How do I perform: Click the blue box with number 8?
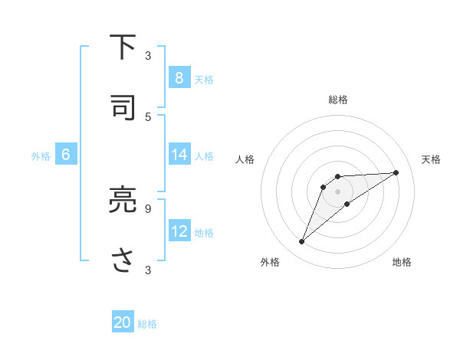click(x=179, y=77)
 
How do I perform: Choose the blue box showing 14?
click(x=179, y=155)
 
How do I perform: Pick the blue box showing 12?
click(x=179, y=231)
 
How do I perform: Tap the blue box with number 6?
click(x=66, y=155)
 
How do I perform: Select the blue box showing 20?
click(x=123, y=322)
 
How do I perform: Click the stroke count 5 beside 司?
click(x=148, y=117)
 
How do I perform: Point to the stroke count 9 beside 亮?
click(x=148, y=208)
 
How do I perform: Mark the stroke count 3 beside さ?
click(x=148, y=270)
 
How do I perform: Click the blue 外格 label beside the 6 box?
click(x=41, y=155)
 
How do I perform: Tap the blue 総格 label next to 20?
click(x=147, y=323)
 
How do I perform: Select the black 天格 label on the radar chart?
click(x=431, y=159)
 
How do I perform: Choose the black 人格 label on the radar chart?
click(x=245, y=159)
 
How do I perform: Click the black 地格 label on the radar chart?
click(x=402, y=262)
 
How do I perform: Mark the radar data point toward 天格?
click(x=396, y=172)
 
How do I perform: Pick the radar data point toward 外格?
click(x=302, y=242)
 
